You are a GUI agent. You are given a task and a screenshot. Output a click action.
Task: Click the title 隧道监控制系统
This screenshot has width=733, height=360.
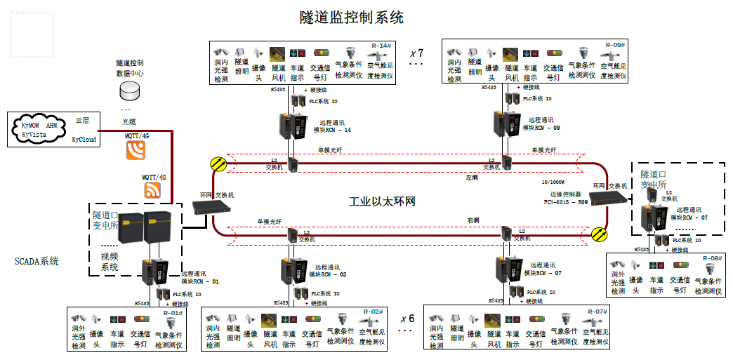[351, 16]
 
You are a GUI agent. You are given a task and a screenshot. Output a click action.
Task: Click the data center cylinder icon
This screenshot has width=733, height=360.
[130, 91]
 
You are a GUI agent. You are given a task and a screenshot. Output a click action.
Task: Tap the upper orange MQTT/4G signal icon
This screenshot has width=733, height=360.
[136, 150]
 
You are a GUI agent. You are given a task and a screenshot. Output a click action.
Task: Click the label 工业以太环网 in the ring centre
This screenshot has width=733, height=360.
[382, 202]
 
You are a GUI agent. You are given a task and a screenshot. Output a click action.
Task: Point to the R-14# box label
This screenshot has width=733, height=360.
[380, 46]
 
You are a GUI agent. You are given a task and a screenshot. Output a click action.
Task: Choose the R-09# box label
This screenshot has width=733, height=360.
[615, 45]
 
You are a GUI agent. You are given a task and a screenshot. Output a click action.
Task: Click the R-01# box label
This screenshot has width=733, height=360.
[173, 313]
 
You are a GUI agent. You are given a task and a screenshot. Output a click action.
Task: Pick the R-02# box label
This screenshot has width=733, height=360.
[373, 312]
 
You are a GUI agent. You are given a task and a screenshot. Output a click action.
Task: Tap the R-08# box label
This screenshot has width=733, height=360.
[712, 258]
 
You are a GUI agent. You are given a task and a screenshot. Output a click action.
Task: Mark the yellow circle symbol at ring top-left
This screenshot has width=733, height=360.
[218, 164]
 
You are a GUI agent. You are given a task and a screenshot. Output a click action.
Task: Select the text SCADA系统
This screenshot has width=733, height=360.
[37, 262]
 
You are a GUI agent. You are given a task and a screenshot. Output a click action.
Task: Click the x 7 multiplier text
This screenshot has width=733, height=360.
[416, 53]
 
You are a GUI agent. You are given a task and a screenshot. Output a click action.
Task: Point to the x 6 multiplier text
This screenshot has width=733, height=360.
[407, 319]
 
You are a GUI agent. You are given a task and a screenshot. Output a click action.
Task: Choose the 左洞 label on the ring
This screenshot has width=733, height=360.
[471, 178]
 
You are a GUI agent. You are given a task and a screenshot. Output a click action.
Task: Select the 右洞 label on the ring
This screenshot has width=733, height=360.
[474, 220]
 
